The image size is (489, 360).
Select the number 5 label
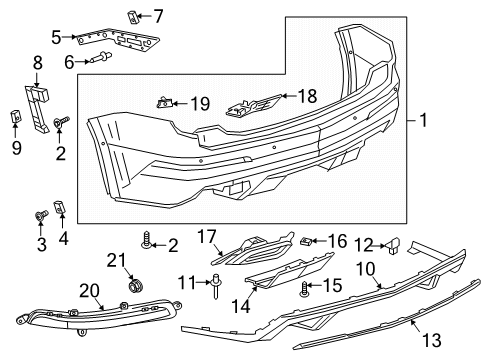click(57, 38)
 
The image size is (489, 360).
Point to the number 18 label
click(306, 95)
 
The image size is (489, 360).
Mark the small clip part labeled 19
click(165, 101)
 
